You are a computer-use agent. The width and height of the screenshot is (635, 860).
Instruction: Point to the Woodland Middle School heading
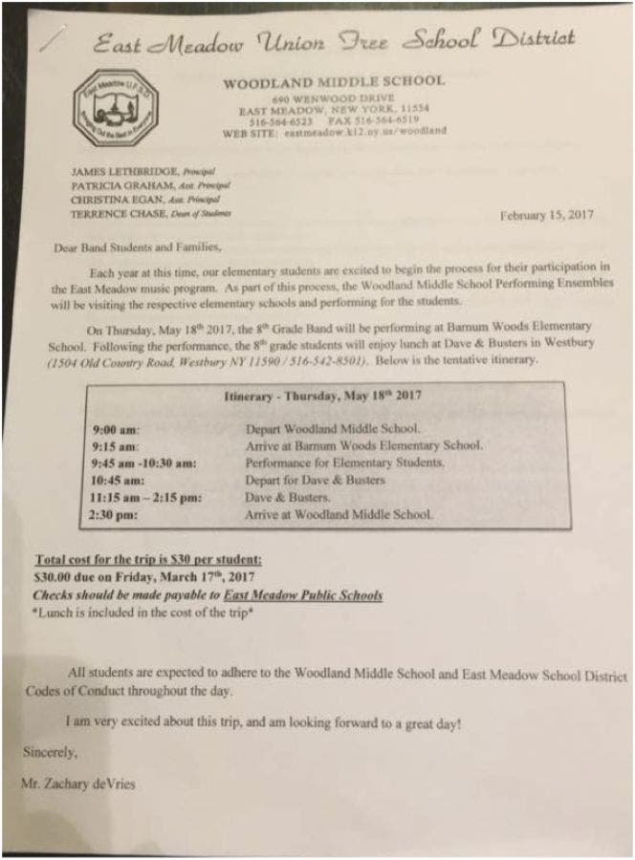point(334,83)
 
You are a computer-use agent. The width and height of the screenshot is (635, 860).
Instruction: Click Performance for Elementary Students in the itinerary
point(344,463)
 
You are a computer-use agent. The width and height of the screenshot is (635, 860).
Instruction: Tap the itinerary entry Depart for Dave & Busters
point(315,481)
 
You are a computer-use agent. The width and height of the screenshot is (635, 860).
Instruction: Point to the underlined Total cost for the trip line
point(147,560)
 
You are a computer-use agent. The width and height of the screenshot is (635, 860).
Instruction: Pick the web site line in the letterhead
point(334,133)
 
